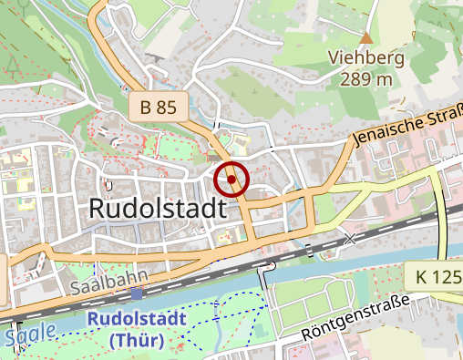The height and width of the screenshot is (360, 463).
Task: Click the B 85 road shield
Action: (x=159, y=107)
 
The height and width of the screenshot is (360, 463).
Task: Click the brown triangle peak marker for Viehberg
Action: (x=366, y=38)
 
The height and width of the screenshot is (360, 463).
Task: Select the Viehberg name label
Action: (x=365, y=58)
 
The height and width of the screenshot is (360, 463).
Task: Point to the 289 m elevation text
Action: (x=365, y=78)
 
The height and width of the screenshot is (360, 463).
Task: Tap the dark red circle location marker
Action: (x=232, y=180)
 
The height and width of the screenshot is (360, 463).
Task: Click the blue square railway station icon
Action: (x=137, y=294)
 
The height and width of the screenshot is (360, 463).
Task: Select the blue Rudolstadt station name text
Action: (x=136, y=322)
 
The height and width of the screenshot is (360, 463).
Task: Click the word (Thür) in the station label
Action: (x=136, y=342)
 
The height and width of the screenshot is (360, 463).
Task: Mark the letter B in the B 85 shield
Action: (x=146, y=107)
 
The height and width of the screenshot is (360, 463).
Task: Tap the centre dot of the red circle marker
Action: (x=232, y=180)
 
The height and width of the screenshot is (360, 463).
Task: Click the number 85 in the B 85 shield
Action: (x=165, y=107)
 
